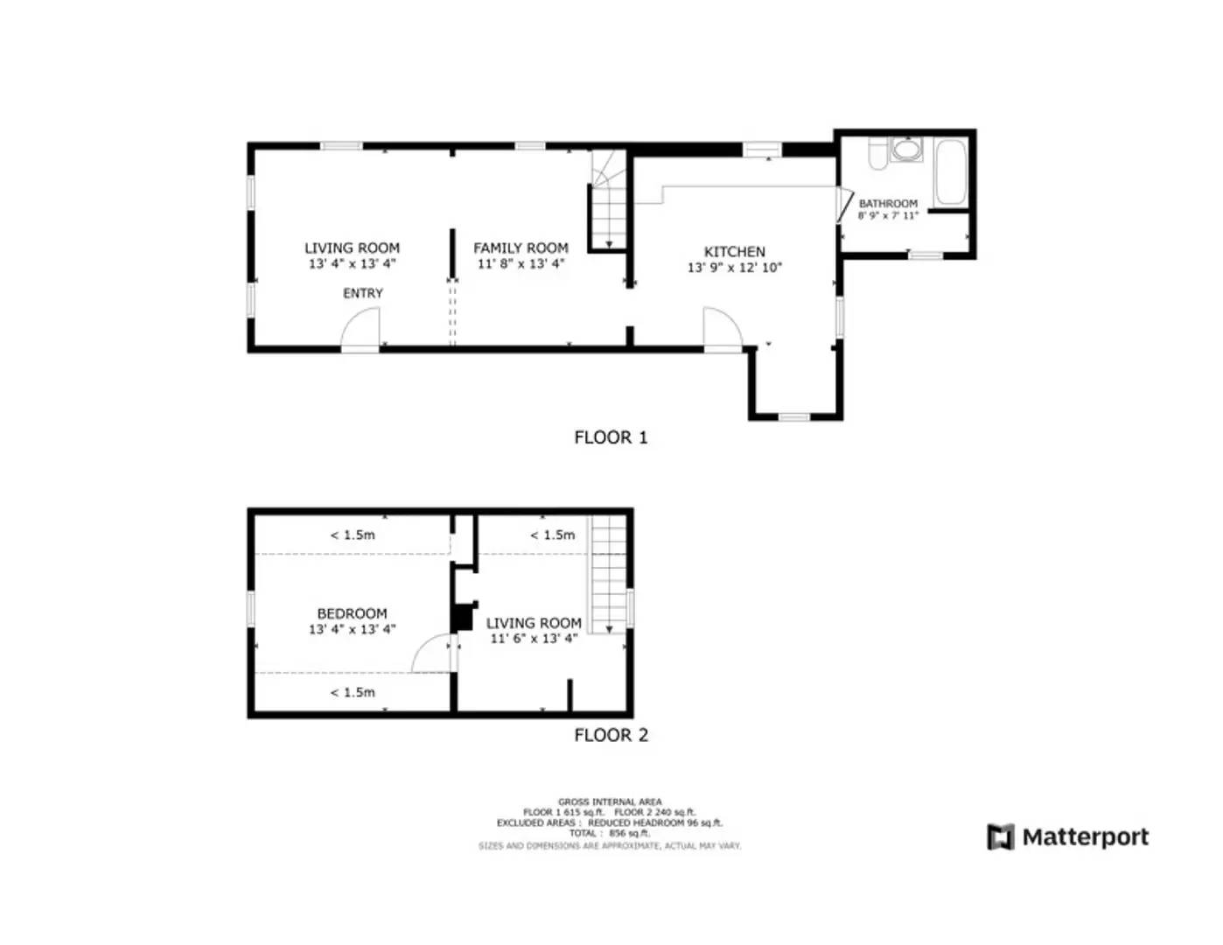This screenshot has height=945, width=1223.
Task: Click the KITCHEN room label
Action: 734,252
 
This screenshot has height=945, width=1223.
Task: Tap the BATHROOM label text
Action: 888,204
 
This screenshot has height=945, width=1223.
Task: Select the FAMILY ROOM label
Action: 521,248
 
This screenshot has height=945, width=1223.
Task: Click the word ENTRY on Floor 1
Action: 362,293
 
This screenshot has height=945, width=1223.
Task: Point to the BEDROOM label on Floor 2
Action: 352,614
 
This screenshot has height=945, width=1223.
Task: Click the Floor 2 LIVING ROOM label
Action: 534,623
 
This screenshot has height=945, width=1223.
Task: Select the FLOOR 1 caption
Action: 611,437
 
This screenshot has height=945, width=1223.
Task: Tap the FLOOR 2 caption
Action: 611,735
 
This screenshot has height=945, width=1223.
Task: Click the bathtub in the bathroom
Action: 950,171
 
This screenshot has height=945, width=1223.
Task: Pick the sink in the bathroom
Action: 906,150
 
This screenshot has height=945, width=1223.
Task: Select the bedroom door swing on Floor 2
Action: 432,654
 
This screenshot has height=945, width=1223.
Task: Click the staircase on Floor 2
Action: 609,573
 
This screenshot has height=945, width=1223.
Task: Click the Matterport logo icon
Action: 1000,837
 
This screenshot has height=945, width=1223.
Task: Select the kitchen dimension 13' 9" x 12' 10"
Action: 734,268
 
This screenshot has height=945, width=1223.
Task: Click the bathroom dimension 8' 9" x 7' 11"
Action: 888,215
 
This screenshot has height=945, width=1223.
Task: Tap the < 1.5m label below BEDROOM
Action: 352,692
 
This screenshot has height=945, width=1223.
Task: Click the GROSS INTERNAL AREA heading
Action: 610,801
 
